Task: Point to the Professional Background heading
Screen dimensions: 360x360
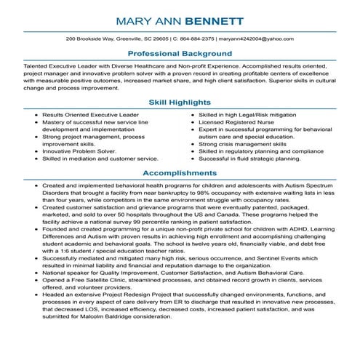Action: point(180,54)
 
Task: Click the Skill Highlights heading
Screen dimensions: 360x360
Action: point(180,102)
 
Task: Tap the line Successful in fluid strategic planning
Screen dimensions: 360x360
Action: point(249,158)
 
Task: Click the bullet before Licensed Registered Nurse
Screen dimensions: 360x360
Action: point(192,123)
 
